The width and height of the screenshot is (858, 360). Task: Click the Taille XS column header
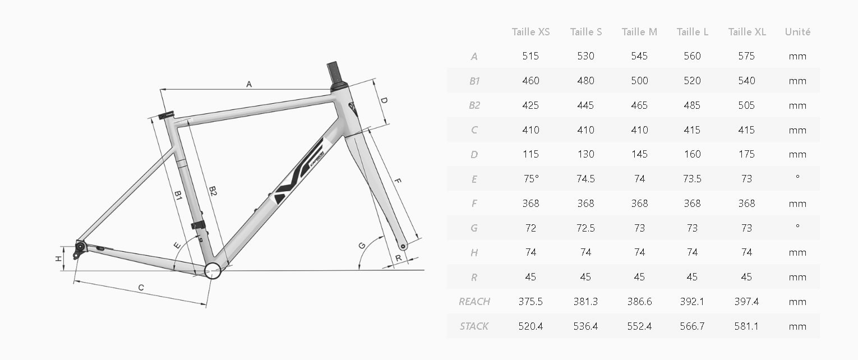(531, 32)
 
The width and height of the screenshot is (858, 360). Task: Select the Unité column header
(797, 32)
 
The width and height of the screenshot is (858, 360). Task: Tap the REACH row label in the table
(474, 302)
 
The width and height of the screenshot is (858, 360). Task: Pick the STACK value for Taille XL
(746, 326)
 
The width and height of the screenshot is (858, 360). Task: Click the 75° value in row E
(531, 179)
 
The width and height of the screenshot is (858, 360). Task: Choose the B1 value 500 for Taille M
(639, 81)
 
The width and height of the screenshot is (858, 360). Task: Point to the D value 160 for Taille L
(692, 154)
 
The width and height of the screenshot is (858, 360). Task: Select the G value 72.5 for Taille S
(585, 228)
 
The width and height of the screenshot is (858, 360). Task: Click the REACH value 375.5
(531, 302)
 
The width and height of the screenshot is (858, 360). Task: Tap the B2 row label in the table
(474, 105)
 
